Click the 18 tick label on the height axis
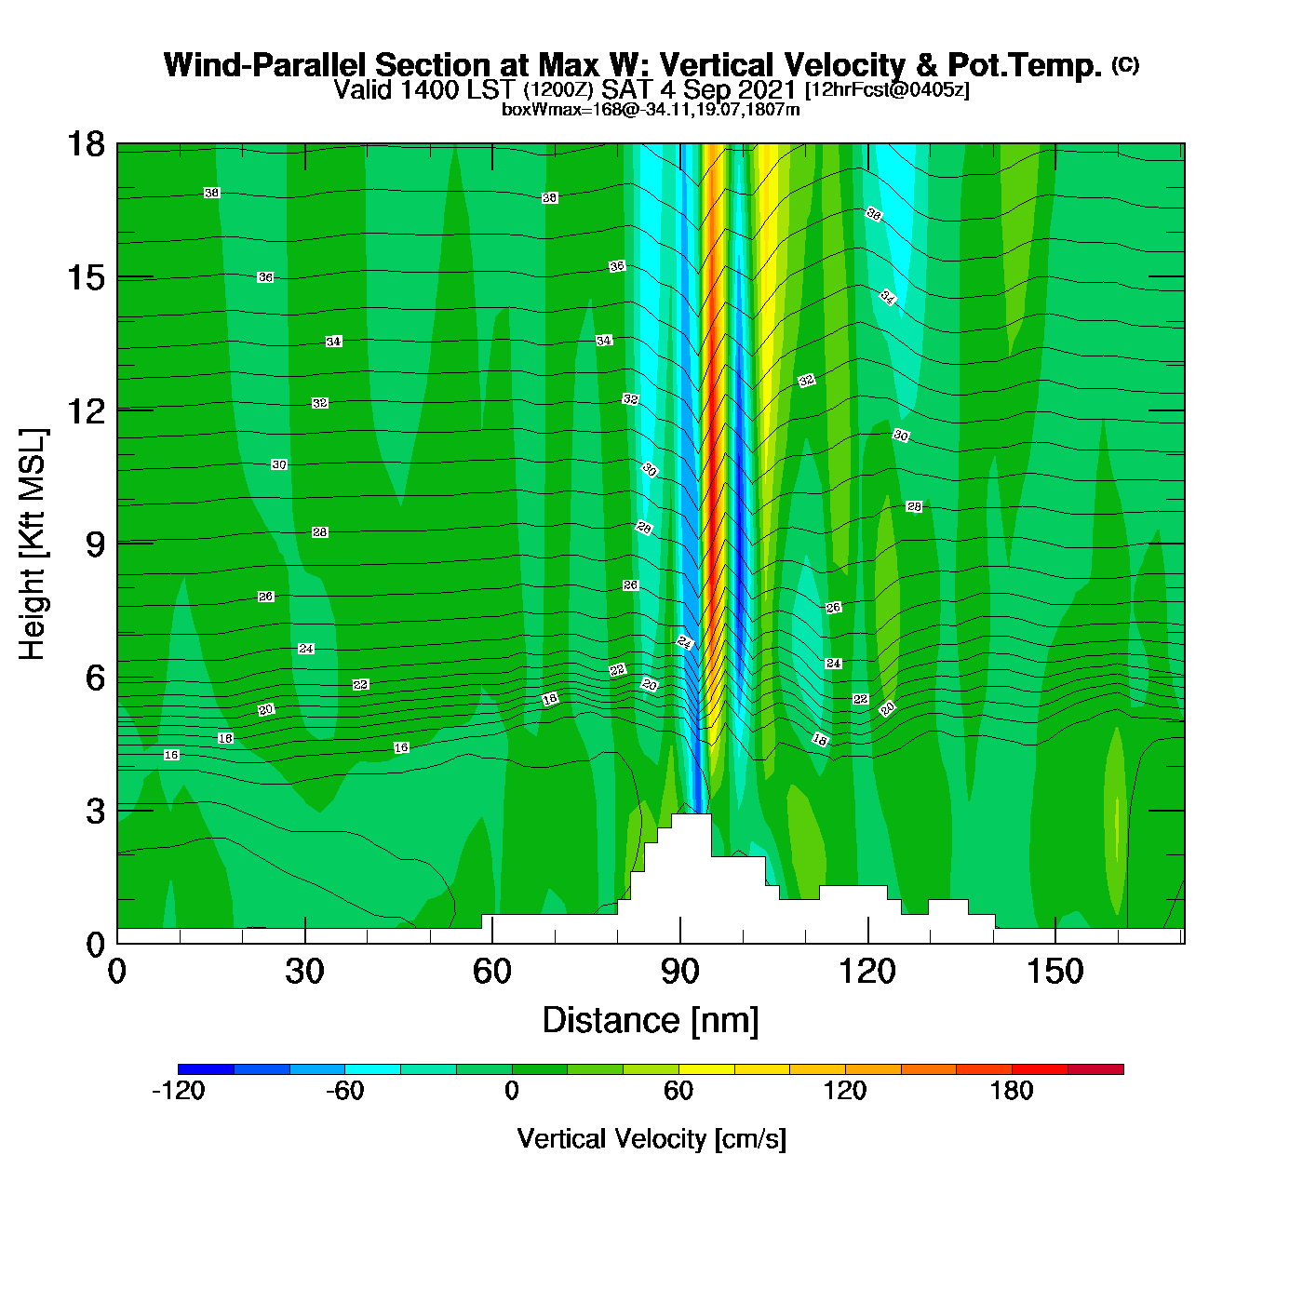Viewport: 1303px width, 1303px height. coord(86,144)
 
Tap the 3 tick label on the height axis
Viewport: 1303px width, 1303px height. coord(96,811)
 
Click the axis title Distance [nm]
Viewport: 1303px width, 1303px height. coord(651,1021)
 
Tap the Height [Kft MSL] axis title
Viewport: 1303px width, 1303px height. coord(33,544)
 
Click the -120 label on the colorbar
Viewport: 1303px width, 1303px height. coord(178,1091)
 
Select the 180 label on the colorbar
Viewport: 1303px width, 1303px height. coord(1012,1091)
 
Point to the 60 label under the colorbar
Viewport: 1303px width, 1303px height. coord(678,1091)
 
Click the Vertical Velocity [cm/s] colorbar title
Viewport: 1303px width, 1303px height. coord(651,1139)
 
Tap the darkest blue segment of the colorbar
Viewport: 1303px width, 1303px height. coord(206,1069)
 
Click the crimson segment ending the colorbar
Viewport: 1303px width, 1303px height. coord(1095,1069)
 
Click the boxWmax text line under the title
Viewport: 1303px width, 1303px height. coord(651,110)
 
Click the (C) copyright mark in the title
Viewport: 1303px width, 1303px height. coord(1125,64)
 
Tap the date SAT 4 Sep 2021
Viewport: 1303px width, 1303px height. coord(699,89)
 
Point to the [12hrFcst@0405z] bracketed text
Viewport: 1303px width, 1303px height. coord(887,90)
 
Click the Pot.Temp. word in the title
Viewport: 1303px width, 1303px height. coord(1025,65)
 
